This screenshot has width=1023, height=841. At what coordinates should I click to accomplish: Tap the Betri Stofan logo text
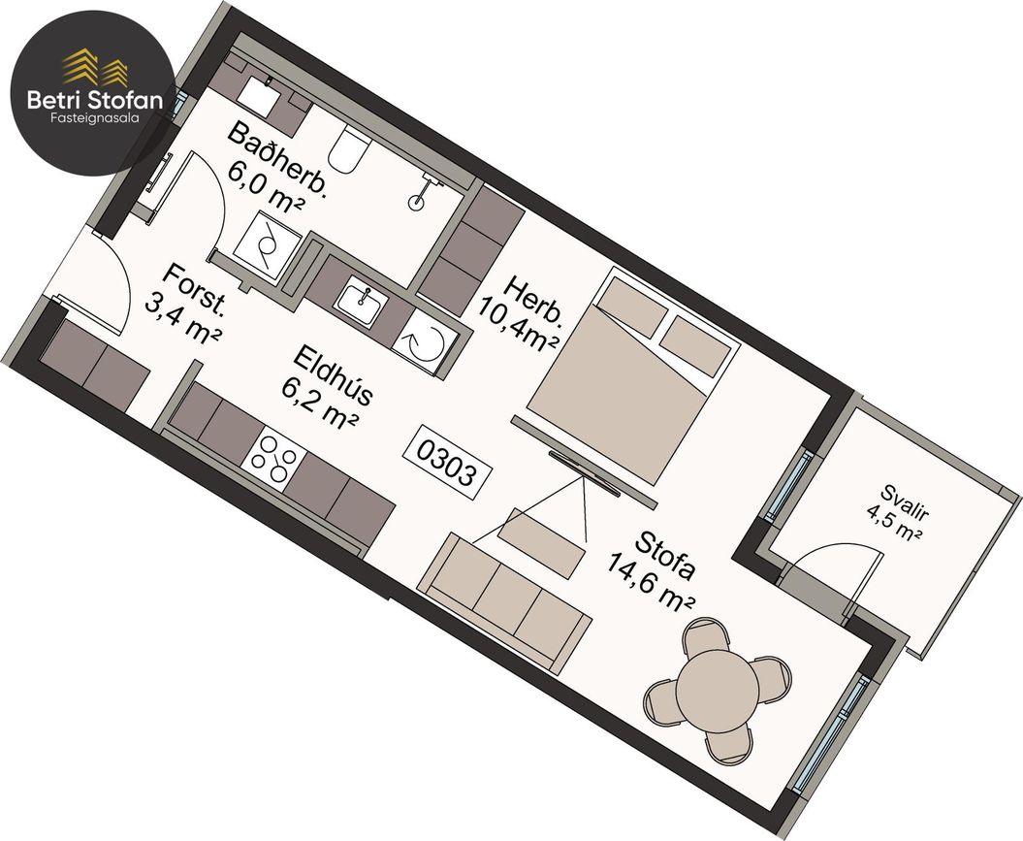click(95, 100)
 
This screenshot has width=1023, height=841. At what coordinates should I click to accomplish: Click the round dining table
click(717, 692)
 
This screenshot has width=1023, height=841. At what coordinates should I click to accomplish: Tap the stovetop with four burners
click(271, 456)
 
